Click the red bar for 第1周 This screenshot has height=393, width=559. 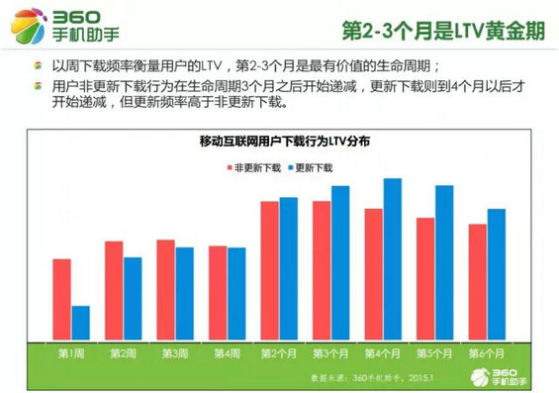point(62,298)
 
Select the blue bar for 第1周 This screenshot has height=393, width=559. point(80,322)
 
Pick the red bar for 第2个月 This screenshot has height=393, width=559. point(270,269)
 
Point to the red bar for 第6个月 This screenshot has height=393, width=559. point(477,281)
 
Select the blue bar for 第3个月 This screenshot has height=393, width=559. point(340,261)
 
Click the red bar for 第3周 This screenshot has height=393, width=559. point(165,288)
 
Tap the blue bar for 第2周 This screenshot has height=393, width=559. point(133,297)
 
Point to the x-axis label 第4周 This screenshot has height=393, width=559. point(226,353)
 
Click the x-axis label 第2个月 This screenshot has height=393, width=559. point(279,353)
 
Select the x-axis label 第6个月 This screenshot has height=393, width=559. point(486,353)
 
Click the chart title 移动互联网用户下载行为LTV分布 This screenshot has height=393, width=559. point(279,142)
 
